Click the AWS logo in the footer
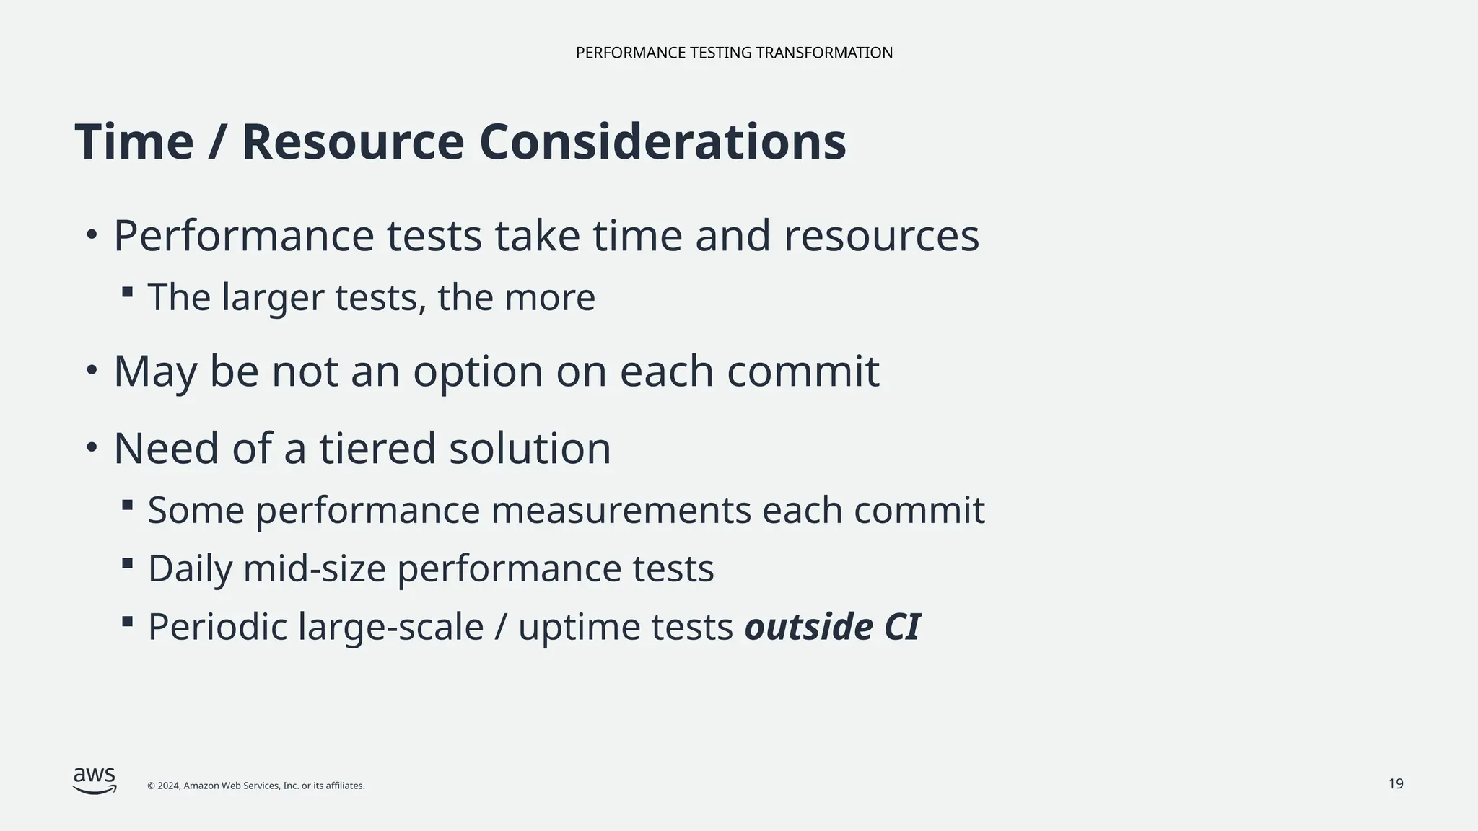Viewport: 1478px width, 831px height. pyautogui.click(x=95, y=780)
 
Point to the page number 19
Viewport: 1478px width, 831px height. pyautogui.click(x=1396, y=784)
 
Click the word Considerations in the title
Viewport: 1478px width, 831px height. pyautogui.click(x=662, y=142)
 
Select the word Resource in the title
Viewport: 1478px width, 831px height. pyautogui.click(x=353, y=142)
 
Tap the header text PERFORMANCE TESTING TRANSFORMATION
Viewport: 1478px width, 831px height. pyautogui.click(x=734, y=53)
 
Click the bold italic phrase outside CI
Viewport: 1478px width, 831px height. pyautogui.click(x=832, y=626)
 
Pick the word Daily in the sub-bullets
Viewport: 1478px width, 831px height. pyautogui.click(x=190, y=568)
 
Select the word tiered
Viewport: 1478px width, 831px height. pyautogui.click(x=377, y=448)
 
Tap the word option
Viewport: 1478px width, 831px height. pyautogui.click(x=477, y=371)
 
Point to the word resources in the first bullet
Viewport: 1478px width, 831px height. pyautogui.click(x=881, y=236)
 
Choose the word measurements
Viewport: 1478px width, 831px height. pyautogui.click(x=621, y=510)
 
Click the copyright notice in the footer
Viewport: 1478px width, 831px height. pyautogui.click(x=255, y=786)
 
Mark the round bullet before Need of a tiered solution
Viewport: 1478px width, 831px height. pyautogui.click(x=92, y=448)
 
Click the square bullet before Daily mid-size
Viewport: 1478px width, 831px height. pyautogui.click(x=128, y=563)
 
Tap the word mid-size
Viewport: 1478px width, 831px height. pyautogui.click(x=315, y=568)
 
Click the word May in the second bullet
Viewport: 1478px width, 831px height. pyautogui.click(x=155, y=371)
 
